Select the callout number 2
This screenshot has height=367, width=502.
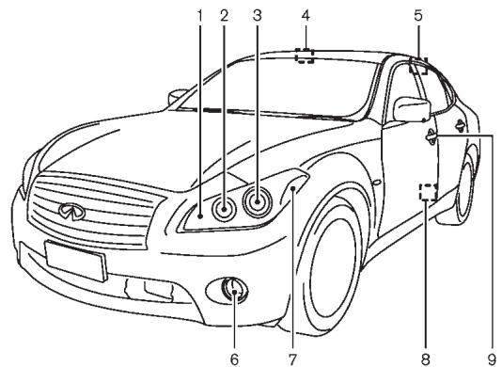226,15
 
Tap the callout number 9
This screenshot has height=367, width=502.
490,356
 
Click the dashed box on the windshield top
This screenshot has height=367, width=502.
305,56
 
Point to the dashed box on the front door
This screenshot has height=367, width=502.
428,192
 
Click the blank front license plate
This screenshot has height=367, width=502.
71,258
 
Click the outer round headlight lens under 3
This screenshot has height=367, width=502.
256,201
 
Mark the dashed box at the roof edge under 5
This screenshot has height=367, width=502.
418,67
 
